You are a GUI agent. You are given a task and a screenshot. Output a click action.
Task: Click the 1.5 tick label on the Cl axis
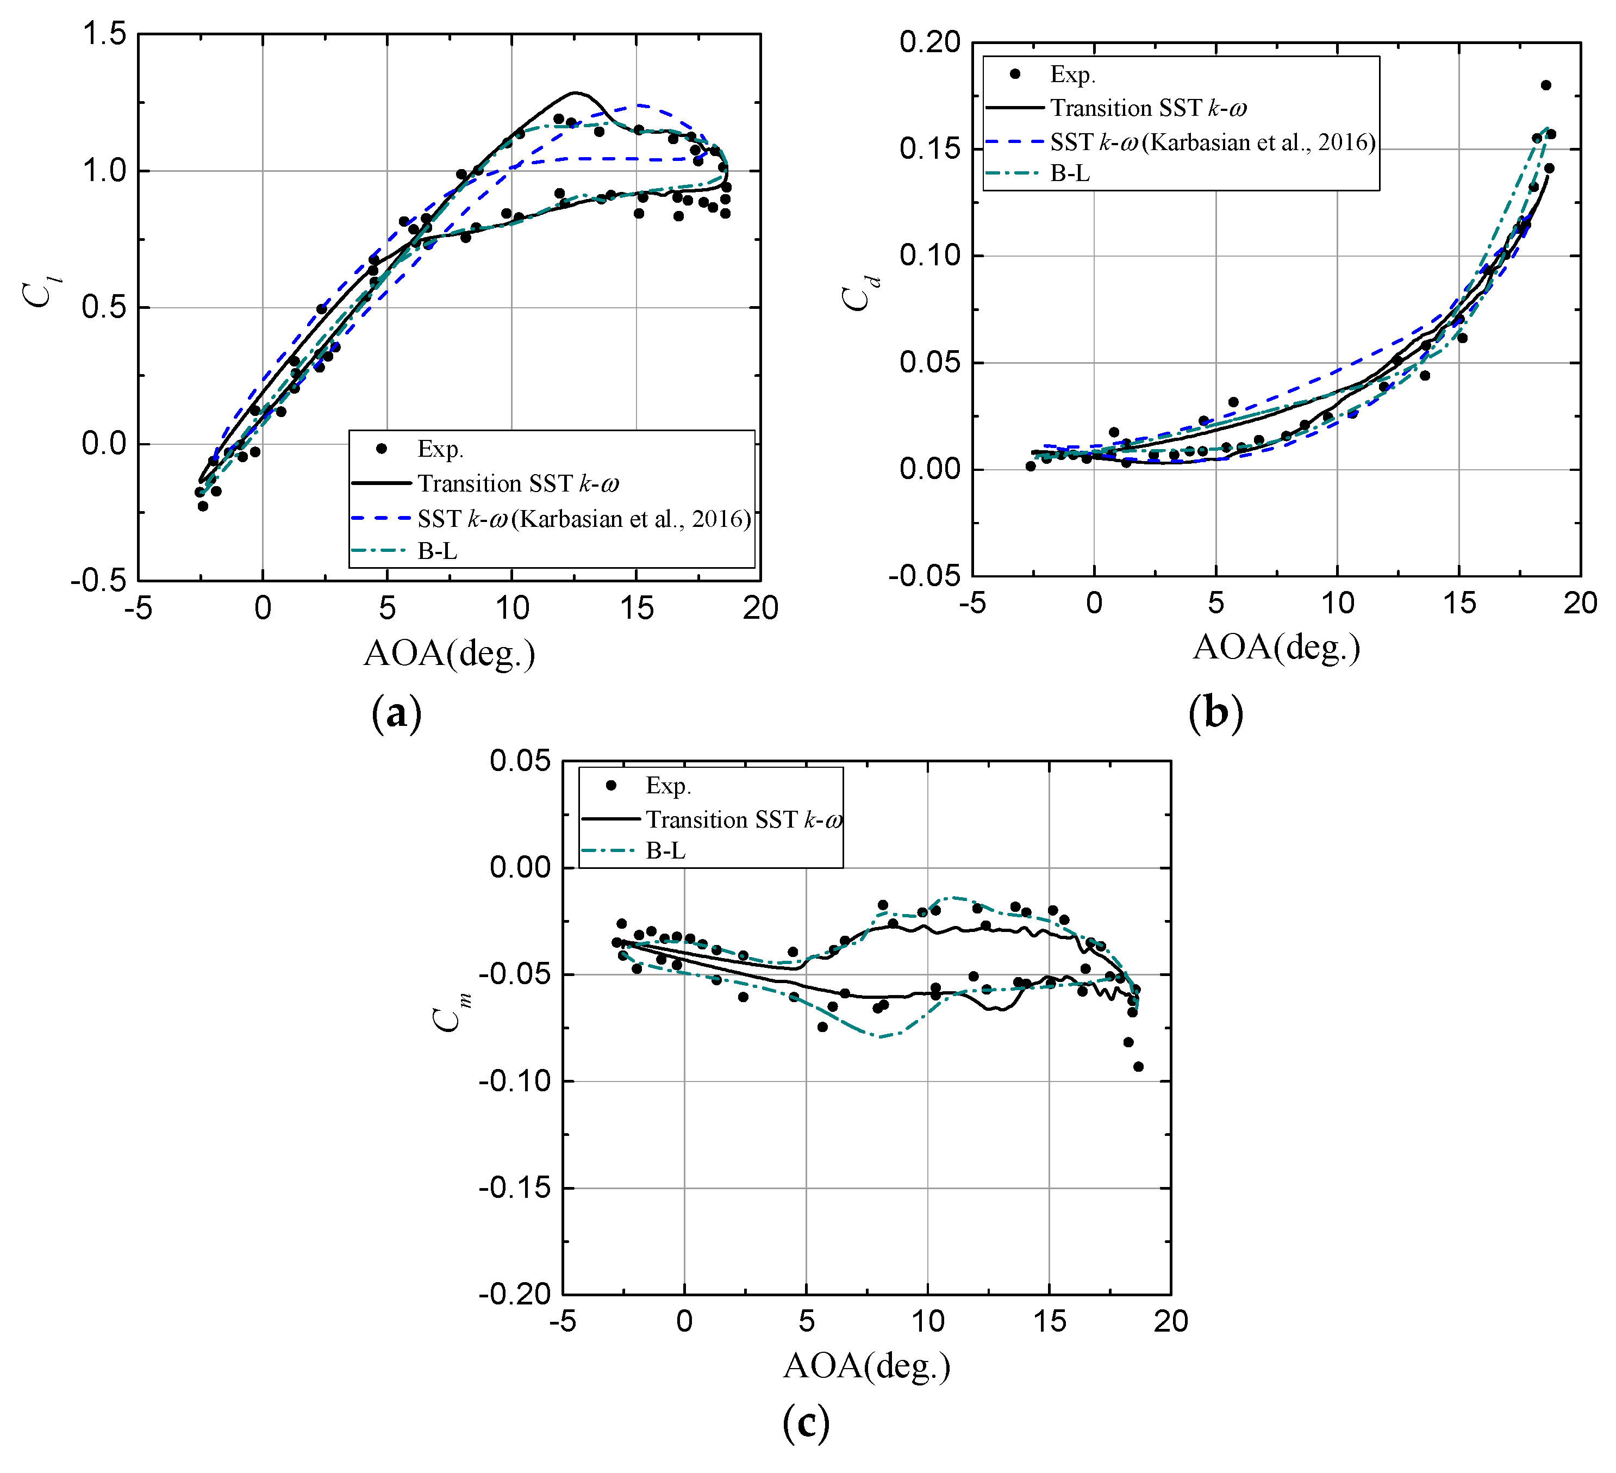click(104, 34)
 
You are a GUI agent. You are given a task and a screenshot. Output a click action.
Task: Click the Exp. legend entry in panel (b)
click(1072, 74)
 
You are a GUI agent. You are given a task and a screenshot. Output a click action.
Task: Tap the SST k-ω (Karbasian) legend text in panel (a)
click(584, 519)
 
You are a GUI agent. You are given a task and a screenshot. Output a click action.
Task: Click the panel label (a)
click(396, 713)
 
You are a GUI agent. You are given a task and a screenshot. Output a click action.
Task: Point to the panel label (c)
click(805, 1422)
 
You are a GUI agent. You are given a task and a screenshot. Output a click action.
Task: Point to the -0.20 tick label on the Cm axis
click(515, 1294)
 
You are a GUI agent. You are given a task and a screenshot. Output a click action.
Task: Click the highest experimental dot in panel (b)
click(1545, 85)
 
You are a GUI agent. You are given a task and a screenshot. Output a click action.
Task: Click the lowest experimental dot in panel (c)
click(1138, 1066)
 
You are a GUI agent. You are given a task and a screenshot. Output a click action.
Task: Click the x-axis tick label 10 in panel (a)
click(511, 608)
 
